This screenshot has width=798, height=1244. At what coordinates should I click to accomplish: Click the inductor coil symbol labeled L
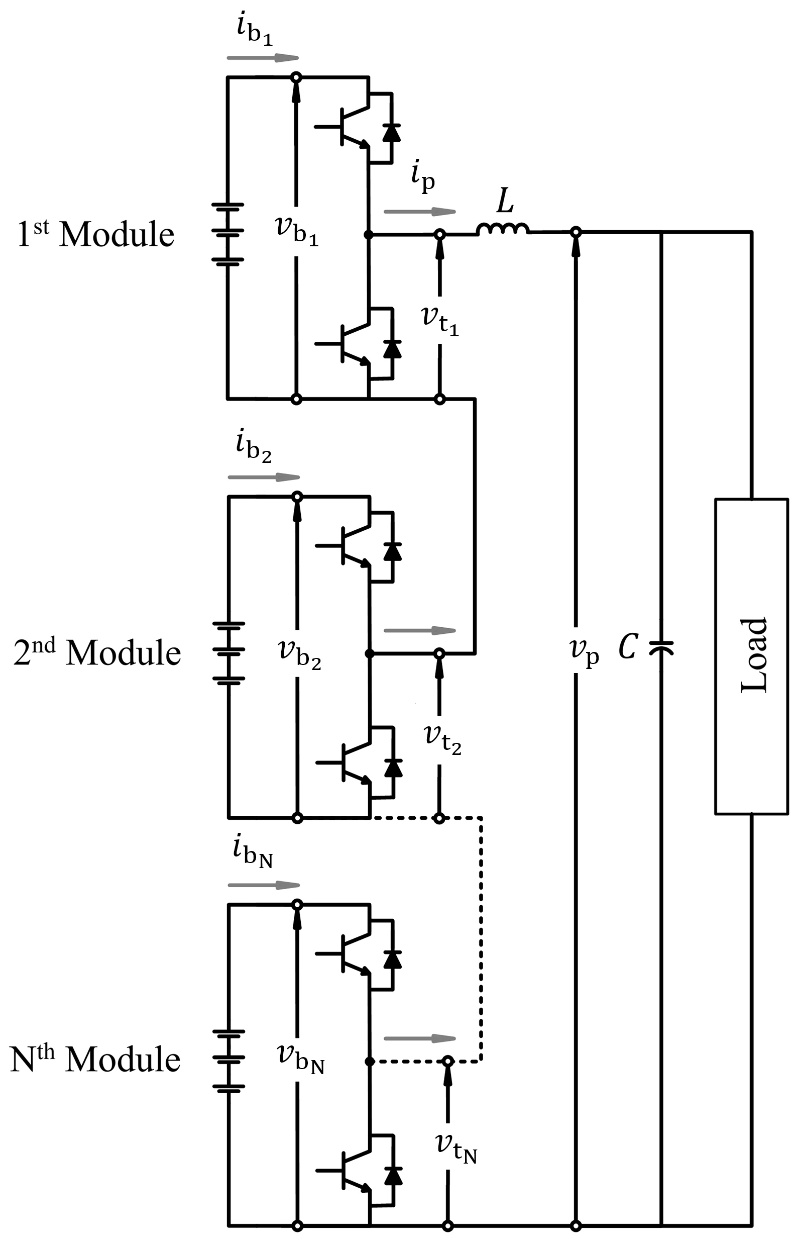(x=502, y=229)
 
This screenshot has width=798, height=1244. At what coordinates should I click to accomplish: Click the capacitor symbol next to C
(x=661, y=648)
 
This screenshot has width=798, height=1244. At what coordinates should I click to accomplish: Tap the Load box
(x=751, y=656)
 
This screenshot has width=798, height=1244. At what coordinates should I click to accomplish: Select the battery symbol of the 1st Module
(x=227, y=234)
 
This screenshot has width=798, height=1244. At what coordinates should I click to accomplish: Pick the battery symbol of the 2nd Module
(x=227, y=653)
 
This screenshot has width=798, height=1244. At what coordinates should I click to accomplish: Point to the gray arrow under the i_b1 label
(x=263, y=58)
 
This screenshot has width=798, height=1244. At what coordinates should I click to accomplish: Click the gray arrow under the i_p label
(x=420, y=212)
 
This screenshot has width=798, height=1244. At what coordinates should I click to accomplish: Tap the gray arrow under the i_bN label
(x=264, y=885)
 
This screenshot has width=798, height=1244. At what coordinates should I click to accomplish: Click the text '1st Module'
(x=96, y=234)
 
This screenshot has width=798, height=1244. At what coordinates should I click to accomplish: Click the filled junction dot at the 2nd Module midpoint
(x=370, y=654)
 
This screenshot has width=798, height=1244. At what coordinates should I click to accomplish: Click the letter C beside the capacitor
(x=628, y=648)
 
